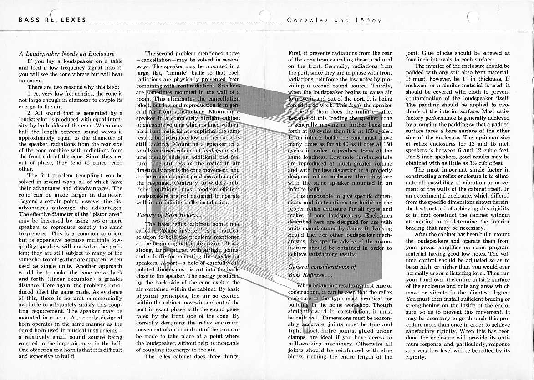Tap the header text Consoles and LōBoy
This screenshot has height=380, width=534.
[x=334, y=20]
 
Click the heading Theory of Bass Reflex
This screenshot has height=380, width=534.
[x=166, y=214]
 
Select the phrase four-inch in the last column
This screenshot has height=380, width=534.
[x=417, y=60]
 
